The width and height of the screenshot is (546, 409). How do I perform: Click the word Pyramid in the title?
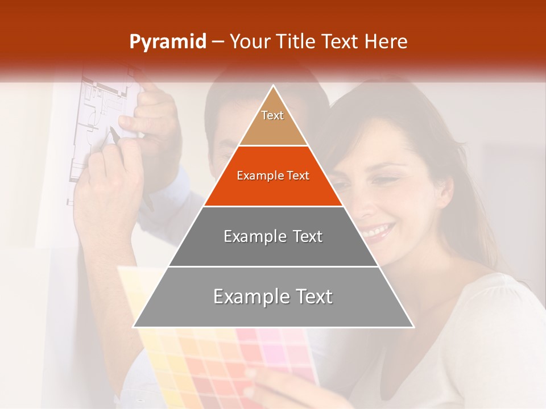tap(167, 42)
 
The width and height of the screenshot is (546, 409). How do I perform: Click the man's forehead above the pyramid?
tap(227, 122)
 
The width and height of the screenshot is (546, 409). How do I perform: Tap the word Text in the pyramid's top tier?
tap(272, 115)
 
